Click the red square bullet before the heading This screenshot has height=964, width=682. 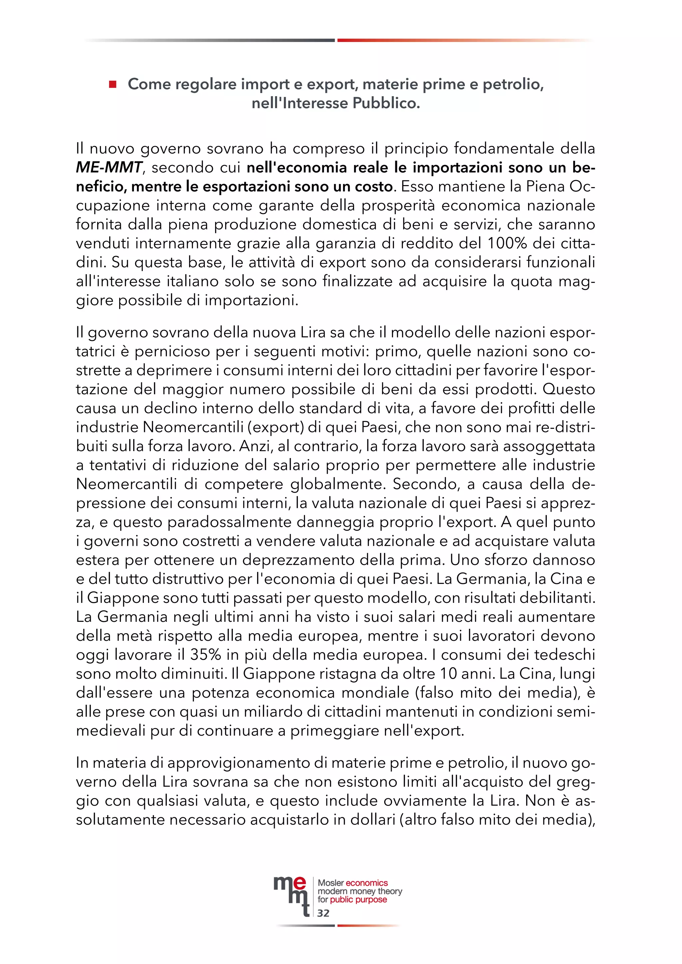pos(113,85)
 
